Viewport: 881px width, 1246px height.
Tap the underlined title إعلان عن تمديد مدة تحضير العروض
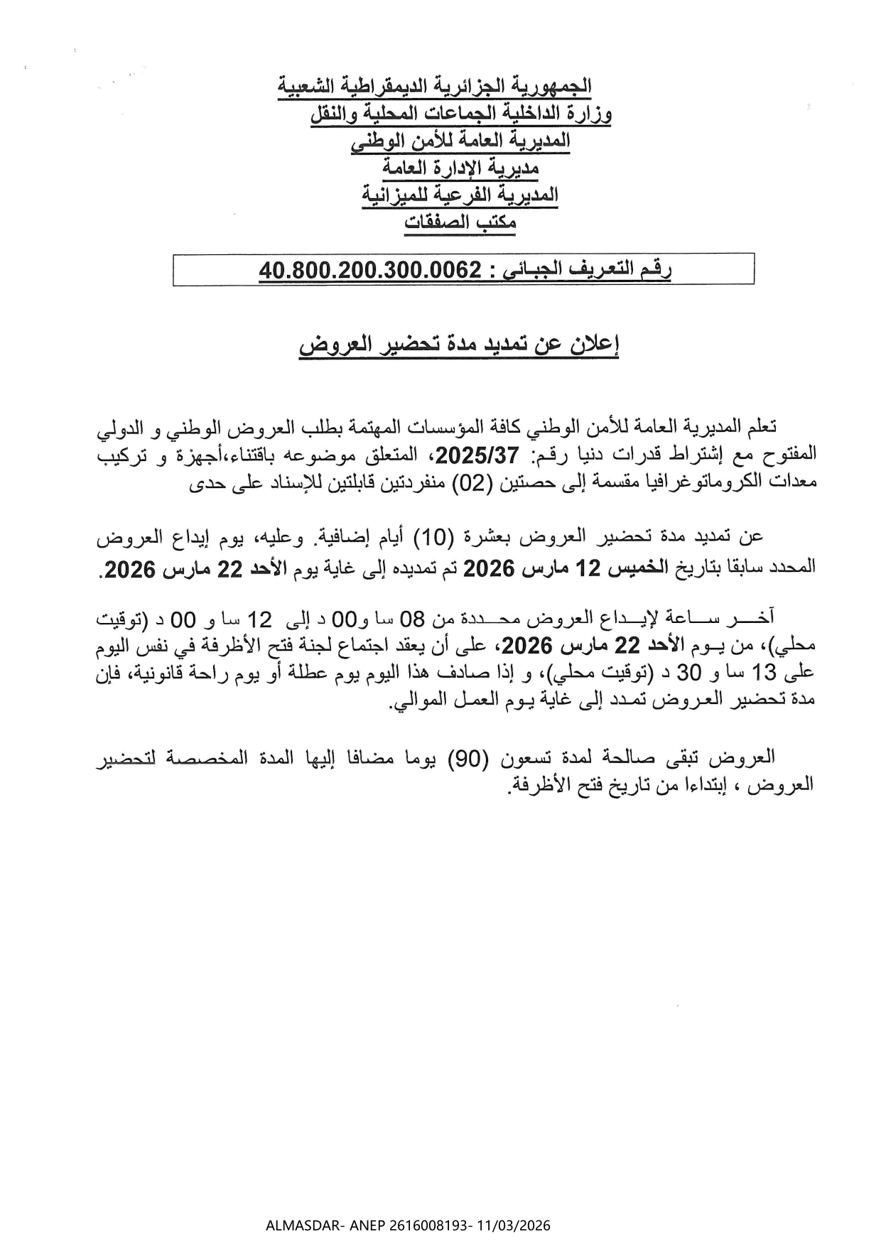point(458,345)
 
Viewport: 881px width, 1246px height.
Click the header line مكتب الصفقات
point(460,222)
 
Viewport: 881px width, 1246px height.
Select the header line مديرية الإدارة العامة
point(461,168)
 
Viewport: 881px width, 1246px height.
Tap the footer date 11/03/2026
point(519,1225)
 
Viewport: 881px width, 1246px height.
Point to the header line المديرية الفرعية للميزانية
point(460,195)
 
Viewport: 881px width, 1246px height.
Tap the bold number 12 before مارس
point(590,568)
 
